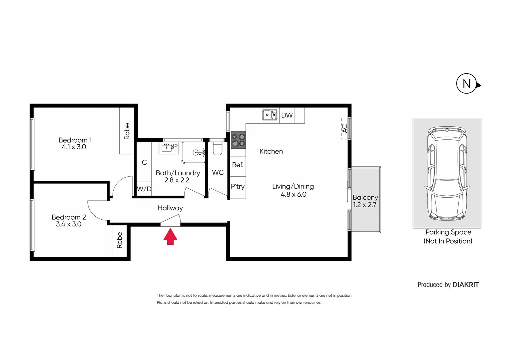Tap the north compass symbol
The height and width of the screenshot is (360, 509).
pos(467,84)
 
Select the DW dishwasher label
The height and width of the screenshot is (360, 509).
pos(287,115)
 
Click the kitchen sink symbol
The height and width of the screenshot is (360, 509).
pos(270,115)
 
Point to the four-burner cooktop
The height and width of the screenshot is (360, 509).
pos(239,140)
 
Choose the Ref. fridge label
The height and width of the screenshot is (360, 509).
pos(238,165)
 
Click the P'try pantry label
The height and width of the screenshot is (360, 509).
pos(238,187)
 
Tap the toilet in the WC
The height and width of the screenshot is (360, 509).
pos(218,149)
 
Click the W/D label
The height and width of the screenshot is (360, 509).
pos(144,189)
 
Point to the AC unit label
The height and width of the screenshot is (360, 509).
pos(345,128)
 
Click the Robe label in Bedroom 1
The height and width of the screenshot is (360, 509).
pos(127,131)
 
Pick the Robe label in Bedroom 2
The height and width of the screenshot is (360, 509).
pos(120,240)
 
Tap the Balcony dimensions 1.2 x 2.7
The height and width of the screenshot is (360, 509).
pos(365,205)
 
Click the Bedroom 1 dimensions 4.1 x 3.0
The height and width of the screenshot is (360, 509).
pos(74,147)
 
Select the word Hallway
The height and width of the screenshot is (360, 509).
pos(170,208)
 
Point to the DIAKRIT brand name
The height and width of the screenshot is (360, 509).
pos(466,285)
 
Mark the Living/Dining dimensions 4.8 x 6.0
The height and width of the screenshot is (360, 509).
pos(293,195)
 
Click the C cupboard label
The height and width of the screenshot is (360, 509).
pos(144,162)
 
